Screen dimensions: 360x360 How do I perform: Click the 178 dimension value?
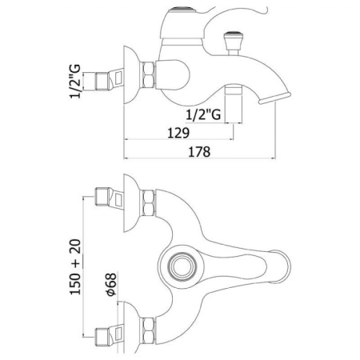pos(199,152)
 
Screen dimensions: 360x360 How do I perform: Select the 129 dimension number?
pos(178,133)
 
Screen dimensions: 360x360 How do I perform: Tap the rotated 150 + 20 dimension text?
pos(75,266)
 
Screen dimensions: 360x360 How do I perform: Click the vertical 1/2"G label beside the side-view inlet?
pos(75,82)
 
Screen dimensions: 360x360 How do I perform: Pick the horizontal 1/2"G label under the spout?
pos(203,115)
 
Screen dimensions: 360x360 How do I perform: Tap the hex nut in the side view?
pos(148,75)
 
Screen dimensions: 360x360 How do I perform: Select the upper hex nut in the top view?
pos(148,202)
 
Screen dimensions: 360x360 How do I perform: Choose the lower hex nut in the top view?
pos(148,330)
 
